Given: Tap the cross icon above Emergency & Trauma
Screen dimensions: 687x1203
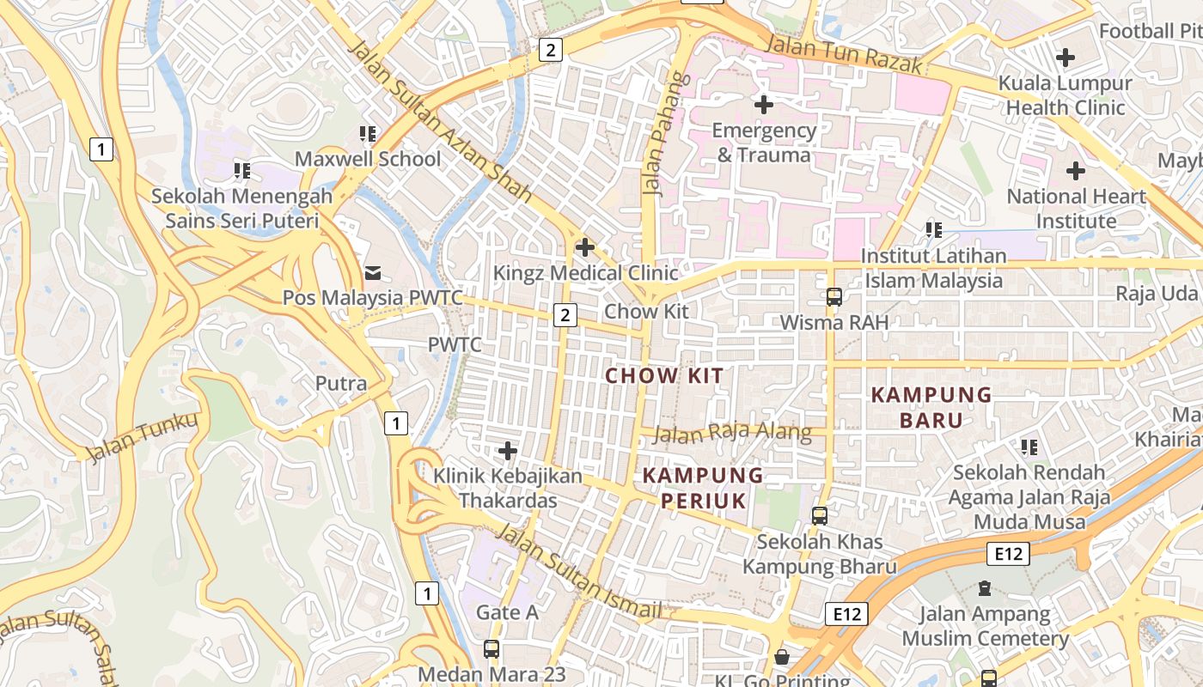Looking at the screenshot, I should coord(763,105).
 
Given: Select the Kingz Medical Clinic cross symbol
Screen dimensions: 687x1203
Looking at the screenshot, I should coord(585,247).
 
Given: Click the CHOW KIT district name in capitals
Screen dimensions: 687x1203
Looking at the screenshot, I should coord(664,375).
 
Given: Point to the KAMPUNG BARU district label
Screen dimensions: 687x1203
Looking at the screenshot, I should coord(931,407).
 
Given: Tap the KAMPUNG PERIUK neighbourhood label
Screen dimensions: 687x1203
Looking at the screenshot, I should coord(703,487).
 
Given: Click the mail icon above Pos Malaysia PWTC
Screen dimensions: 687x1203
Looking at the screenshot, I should coord(374,273).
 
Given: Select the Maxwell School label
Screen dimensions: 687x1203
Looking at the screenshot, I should coord(368,159).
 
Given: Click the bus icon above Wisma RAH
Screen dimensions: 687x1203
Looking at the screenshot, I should coord(834,297).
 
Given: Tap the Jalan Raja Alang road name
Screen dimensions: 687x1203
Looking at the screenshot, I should coord(732,433).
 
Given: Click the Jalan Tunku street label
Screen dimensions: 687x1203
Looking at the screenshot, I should coord(142,437).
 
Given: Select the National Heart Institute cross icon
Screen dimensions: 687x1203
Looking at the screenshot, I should coord(1075,171).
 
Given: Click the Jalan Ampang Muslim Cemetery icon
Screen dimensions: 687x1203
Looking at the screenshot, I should coord(985,589).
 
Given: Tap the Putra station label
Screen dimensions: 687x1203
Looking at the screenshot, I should coord(341,383).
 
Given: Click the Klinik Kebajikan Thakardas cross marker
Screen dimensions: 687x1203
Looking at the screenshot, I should coord(508,450).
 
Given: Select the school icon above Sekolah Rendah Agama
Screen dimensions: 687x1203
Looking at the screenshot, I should coord(1029,447).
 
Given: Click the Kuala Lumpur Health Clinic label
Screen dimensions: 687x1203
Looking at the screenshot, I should coord(1065,95).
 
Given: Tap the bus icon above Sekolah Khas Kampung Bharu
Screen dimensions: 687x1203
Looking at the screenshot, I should coord(820,516).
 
